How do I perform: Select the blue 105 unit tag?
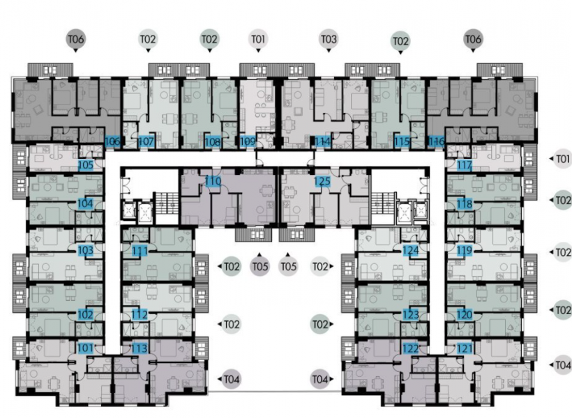(x=85, y=165)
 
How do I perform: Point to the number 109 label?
(x=248, y=141)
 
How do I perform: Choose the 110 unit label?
(x=213, y=182)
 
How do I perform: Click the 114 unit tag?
(x=322, y=141)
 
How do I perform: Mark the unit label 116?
(x=436, y=141)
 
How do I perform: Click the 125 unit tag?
(x=322, y=182)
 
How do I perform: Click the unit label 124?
(x=411, y=250)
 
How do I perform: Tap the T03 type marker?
(x=329, y=40)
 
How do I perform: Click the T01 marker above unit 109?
(x=258, y=40)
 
